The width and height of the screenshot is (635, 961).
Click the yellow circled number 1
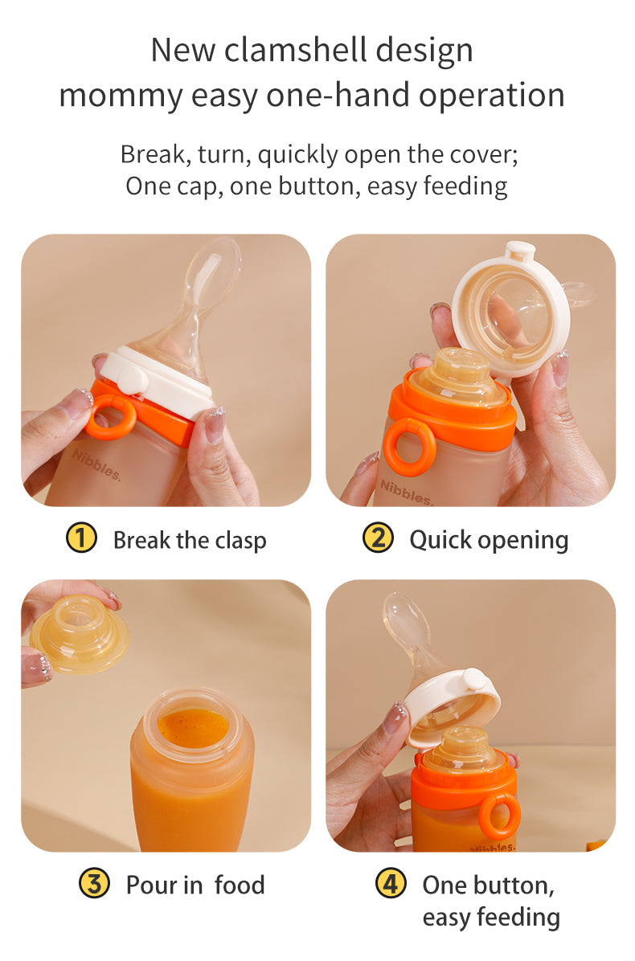pos(81,538)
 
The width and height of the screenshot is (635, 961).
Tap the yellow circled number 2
pos(378,538)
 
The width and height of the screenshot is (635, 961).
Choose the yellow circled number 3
pos(94,883)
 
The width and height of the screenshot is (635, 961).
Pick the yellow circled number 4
pos(391,883)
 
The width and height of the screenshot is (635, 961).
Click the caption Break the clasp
pos(190,540)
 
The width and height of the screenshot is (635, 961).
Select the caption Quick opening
pos(490,540)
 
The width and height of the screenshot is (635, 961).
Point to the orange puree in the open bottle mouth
pos(192,727)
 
